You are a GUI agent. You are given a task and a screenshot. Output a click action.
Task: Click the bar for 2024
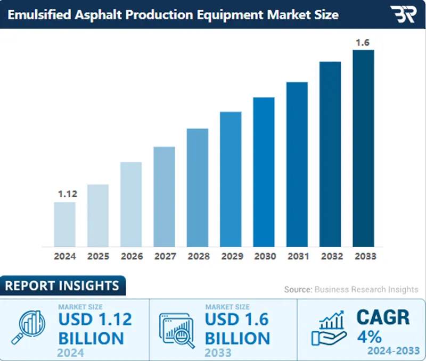(64, 224)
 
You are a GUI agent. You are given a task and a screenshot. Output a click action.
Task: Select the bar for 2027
(164, 197)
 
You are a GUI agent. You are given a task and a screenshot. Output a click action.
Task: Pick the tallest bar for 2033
(363, 148)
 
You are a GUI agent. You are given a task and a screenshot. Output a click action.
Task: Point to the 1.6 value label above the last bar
(363, 43)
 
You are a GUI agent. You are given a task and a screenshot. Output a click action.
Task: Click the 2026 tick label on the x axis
(131, 256)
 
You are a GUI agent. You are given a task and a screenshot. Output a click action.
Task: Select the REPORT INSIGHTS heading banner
(62, 286)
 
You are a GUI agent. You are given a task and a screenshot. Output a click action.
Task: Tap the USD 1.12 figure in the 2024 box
(95, 320)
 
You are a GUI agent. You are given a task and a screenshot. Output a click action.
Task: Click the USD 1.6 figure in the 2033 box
(237, 320)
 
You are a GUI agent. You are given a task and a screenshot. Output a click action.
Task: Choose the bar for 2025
(98, 215)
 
